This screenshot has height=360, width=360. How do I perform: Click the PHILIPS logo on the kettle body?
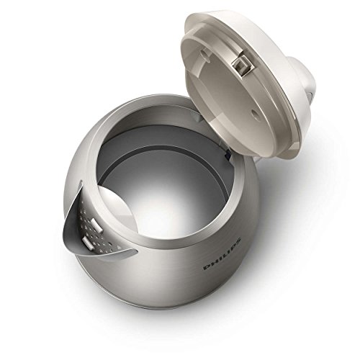222,255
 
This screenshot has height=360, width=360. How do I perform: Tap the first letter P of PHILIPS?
207,268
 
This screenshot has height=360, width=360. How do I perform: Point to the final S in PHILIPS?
238,241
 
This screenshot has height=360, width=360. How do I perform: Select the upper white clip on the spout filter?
96,226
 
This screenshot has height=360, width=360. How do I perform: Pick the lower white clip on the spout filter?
87,243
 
